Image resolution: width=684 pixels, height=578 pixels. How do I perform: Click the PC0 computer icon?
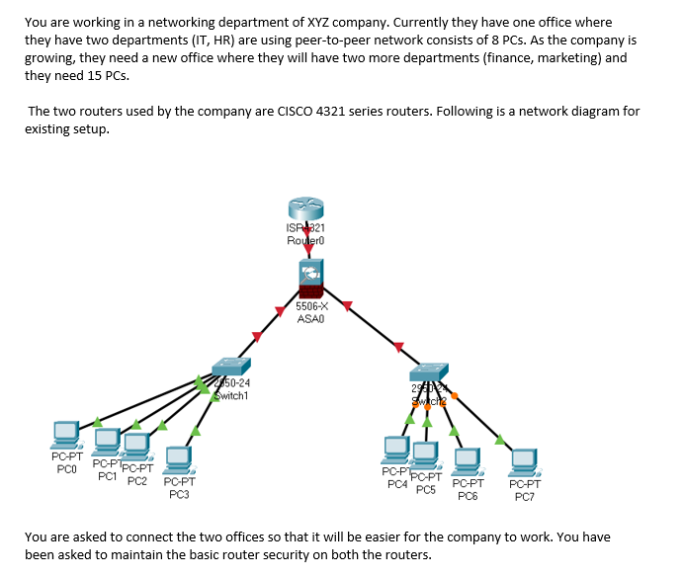(67, 434)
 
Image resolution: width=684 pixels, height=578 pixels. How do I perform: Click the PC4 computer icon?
(397, 450)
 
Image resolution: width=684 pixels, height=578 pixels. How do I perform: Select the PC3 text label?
(178, 494)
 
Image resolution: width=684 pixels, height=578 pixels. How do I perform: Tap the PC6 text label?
(468, 496)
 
